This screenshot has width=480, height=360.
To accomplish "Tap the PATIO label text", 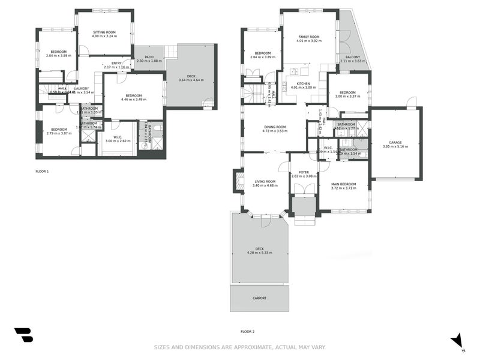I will pyautogui.click(x=149, y=56).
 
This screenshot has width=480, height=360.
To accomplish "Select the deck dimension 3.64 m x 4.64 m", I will pyautogui.click(x=190, y=80).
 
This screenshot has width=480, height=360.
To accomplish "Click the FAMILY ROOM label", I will pyautogui.click(x=310, y=37).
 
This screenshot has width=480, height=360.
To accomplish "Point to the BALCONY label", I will pyautogui.click(x=352, y=56).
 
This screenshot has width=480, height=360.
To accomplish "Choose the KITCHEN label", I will pyautogui.click(x=302, y=83).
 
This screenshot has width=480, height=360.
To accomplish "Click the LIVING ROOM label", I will pyautogui.click(x=264, y=181).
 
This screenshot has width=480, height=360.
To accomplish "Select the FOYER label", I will pyautogui.click(x=304, y=172).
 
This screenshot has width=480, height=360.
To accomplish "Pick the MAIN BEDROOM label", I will pyautogui.click(x=343, y=184).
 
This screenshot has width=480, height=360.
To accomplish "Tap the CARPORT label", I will pyautogui.click(x=259, y=298).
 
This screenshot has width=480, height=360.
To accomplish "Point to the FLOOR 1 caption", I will pyautogui.click(x=42, y=172).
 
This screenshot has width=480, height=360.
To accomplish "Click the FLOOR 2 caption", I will pyautogui.click(x=247, y=331).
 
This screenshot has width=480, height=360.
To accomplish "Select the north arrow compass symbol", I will pyautogui.click(x=458, y=341).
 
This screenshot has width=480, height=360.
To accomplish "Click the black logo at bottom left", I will pyautogui.click(x=23, y=335).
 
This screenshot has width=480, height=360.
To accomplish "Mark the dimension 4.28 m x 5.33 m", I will pyautogui.click(x=259, y=253).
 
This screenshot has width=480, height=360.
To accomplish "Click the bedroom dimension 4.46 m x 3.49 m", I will pyautogui.click(x=133, y=100).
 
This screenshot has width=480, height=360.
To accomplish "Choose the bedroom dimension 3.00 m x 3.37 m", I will pyautogui.click(x=348, y=96).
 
